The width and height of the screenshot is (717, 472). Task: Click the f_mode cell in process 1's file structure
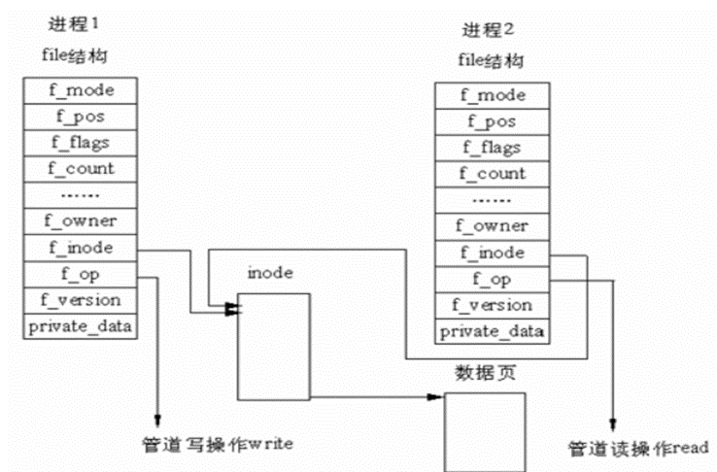point(82,89)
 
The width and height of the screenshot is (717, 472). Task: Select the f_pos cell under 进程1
point(82,116)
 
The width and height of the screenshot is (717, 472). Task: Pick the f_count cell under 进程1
point(82,168)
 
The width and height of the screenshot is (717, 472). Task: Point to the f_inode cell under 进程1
point(82,248)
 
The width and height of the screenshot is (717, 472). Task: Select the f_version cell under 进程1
point(82,300)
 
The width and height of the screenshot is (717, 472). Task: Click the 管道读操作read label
point(638,448)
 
